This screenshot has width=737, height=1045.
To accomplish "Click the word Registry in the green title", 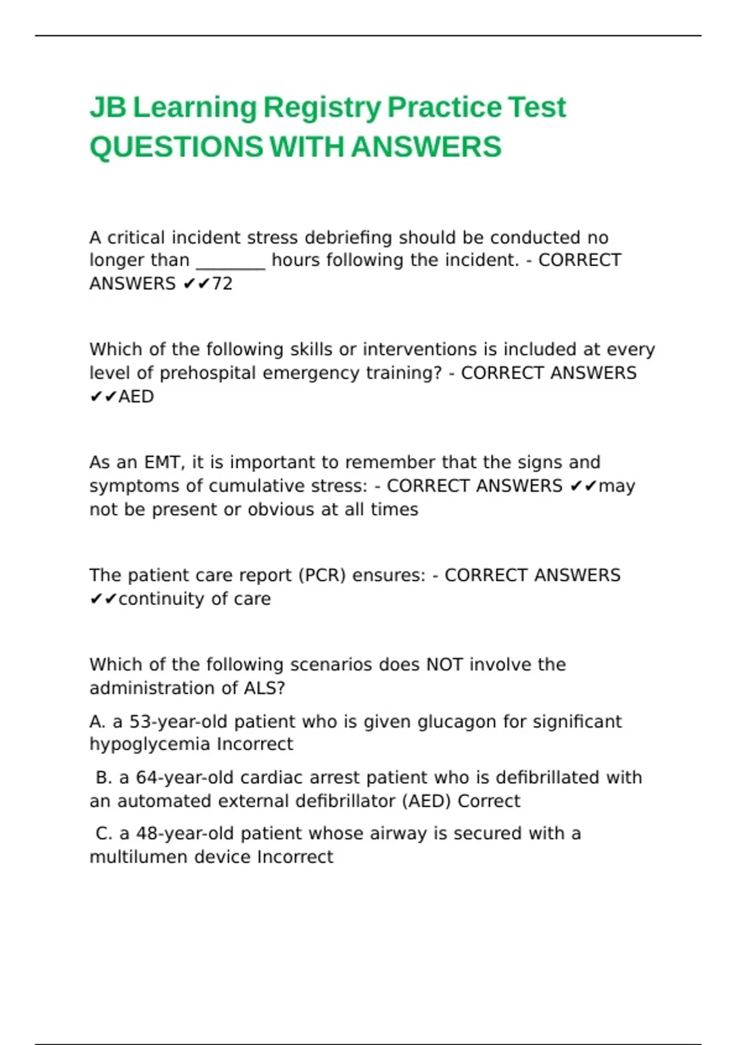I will pyautogui.click(x=322, y=108).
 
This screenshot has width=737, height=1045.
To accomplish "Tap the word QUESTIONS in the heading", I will pyautogui.click(x=176, y=148).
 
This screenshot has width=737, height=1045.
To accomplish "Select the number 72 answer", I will pyautogui.click(x=222, y=284).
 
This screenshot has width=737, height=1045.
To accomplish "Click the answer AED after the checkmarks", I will pyautogui.click(x=136, y=397).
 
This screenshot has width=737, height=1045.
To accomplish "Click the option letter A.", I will pyautogui.click(x=97, y=722).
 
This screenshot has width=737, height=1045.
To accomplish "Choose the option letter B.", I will pyautogui.click(x=103, y=778).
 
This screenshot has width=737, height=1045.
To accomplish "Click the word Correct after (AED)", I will pyautogui.click(x=489, y=802).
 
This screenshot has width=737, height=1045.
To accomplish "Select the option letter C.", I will pyautogui.click(x=103, y=834).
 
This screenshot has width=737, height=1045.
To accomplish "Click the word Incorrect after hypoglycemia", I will pyautogui.click(x=255, y=744).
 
